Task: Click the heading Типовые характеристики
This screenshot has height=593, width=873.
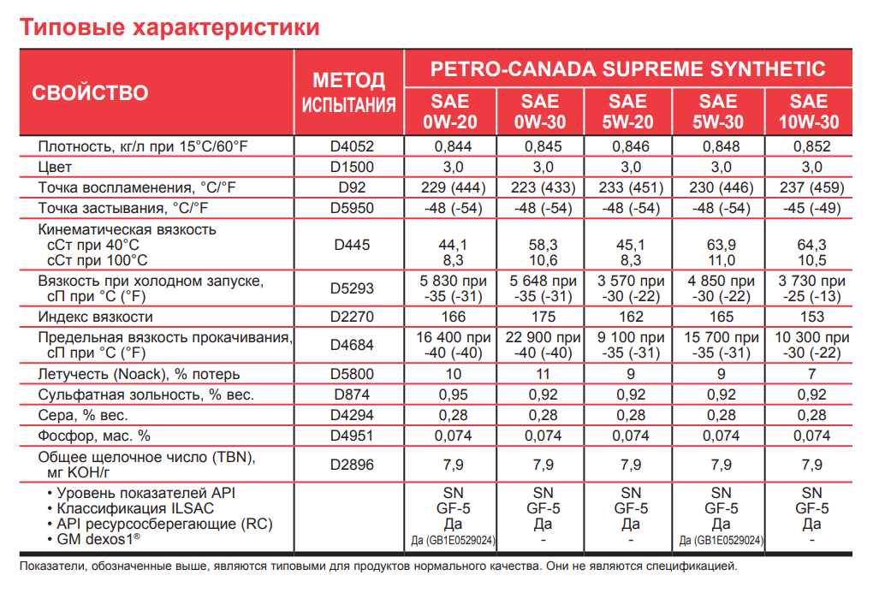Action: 169,27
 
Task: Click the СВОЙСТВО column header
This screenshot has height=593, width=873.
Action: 90,93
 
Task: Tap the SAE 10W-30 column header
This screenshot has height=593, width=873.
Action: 809,111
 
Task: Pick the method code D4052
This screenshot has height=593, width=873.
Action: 352,146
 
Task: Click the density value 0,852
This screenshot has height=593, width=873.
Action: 811,146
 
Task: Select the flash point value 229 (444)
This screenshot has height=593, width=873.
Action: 454,187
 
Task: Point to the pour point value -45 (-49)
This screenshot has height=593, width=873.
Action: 811,208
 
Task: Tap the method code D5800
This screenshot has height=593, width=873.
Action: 352,374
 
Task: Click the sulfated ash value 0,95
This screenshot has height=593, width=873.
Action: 454,394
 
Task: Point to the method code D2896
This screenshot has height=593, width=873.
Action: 352,465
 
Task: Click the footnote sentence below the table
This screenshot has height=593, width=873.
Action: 377,566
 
